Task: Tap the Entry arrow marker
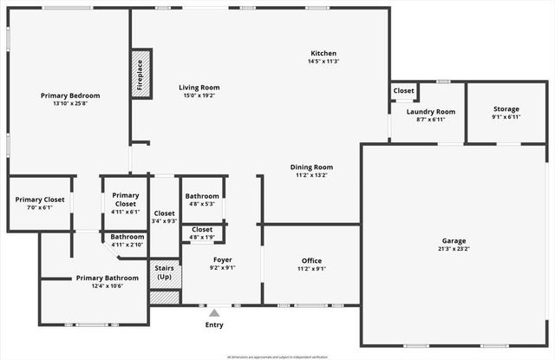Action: point(214,313)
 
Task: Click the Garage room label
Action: point(454,240)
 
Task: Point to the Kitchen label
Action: point(323,53)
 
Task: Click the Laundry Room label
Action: point(431,112)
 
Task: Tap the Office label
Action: point(311,260)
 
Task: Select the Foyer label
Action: point(222,259)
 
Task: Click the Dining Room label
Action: point(311,167)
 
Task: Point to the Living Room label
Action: point(200,88)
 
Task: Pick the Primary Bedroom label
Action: point(70,95)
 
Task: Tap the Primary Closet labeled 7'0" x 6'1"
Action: point(40,200)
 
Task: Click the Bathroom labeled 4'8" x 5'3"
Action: point(202,196)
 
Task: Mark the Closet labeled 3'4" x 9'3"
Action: point(164,213)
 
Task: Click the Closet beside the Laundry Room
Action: point(403,90)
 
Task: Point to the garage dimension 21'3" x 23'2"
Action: point(454,249)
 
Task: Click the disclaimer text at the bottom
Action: point(277,356)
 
